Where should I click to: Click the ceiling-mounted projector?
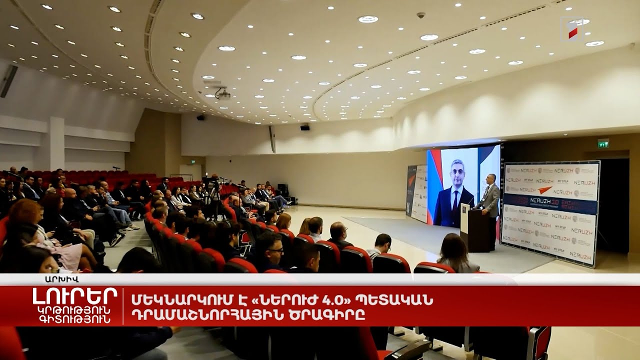(222, 94)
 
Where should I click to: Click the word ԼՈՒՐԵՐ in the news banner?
(75, 296)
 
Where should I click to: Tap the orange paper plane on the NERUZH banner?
(544, 190)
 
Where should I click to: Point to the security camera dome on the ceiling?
(421, 15)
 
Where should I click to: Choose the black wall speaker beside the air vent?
(304, 127)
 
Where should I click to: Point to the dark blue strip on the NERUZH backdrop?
(550, 203)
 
